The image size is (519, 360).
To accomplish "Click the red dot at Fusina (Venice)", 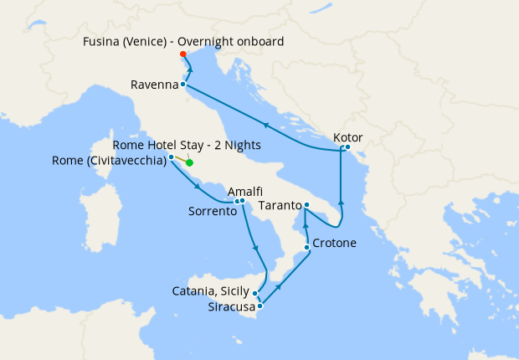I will pyautogui.click(x=182, y=54).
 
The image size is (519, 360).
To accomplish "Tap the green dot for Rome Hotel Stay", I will pyautogui.click(x=190, y=163).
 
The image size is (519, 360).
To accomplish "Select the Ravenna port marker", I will pyautogui.click(x=182, y=85).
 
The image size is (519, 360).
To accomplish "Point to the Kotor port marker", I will pyautogui.click(x=347, y=148).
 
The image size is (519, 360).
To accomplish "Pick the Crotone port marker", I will pyautogui.click(x=307, y=247).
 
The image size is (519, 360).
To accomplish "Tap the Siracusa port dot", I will pyautogui.click(x=260, y=306).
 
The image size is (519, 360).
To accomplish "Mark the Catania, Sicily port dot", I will pyautogui.click(x=254, y=293).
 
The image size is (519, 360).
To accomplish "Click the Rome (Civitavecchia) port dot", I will pyautogui.click(x=171, y=157).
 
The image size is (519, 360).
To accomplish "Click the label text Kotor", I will pyautogui.click(x=347, y=136).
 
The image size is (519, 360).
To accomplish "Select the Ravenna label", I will pyautogui.click(x=154, y=85).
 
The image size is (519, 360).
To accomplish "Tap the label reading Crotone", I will pyautogui.click(x=335, y=244).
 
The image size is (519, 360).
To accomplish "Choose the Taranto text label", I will pyautogui.click(x=279, y=205).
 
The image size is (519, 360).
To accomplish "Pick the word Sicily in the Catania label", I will pyautogui.click(x=234, y=291).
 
